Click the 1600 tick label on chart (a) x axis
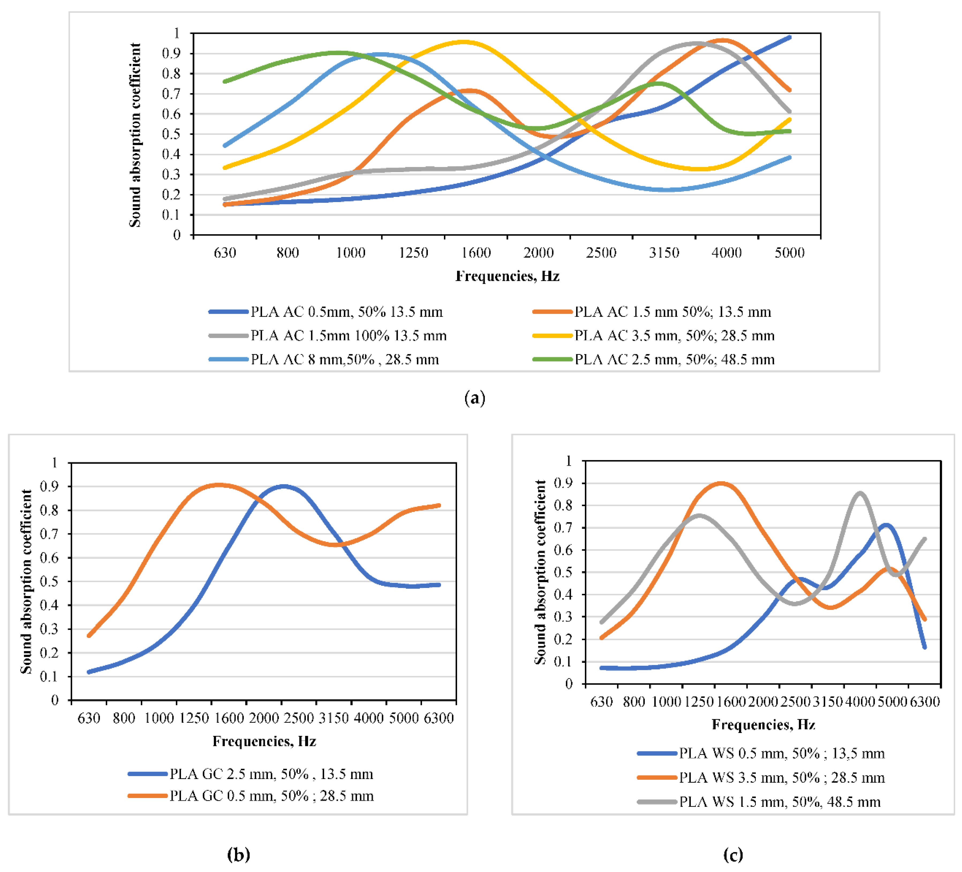[476, 253]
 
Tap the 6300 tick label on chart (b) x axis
[439, 718]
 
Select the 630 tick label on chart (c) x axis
[601, 702]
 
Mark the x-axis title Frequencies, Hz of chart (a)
[507, 276]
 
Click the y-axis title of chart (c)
[540, 572]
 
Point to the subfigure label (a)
[475, 398]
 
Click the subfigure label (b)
[239, 854]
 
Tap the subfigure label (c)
[733, 854]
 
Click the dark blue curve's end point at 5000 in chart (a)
[790, 37]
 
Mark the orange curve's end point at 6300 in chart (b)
[439, 505]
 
